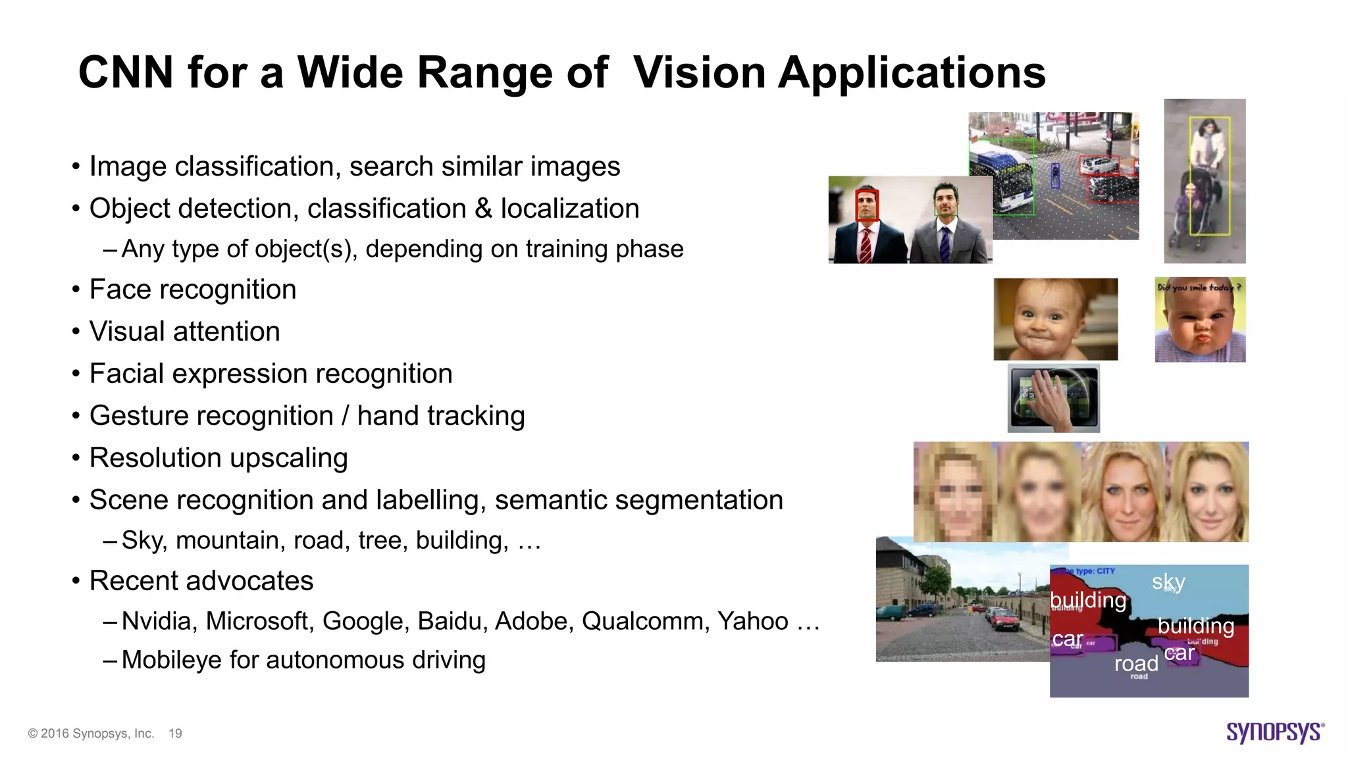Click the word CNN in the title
(126, 72)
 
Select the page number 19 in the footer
(175, 733)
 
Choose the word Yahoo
(752, 620)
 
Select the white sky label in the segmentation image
(1168, 582)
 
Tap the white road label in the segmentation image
(1136, 663)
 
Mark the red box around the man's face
(867, 204)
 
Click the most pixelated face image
(954, 492)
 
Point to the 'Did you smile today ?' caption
(1199, 287)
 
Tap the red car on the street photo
(1002, 619)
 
